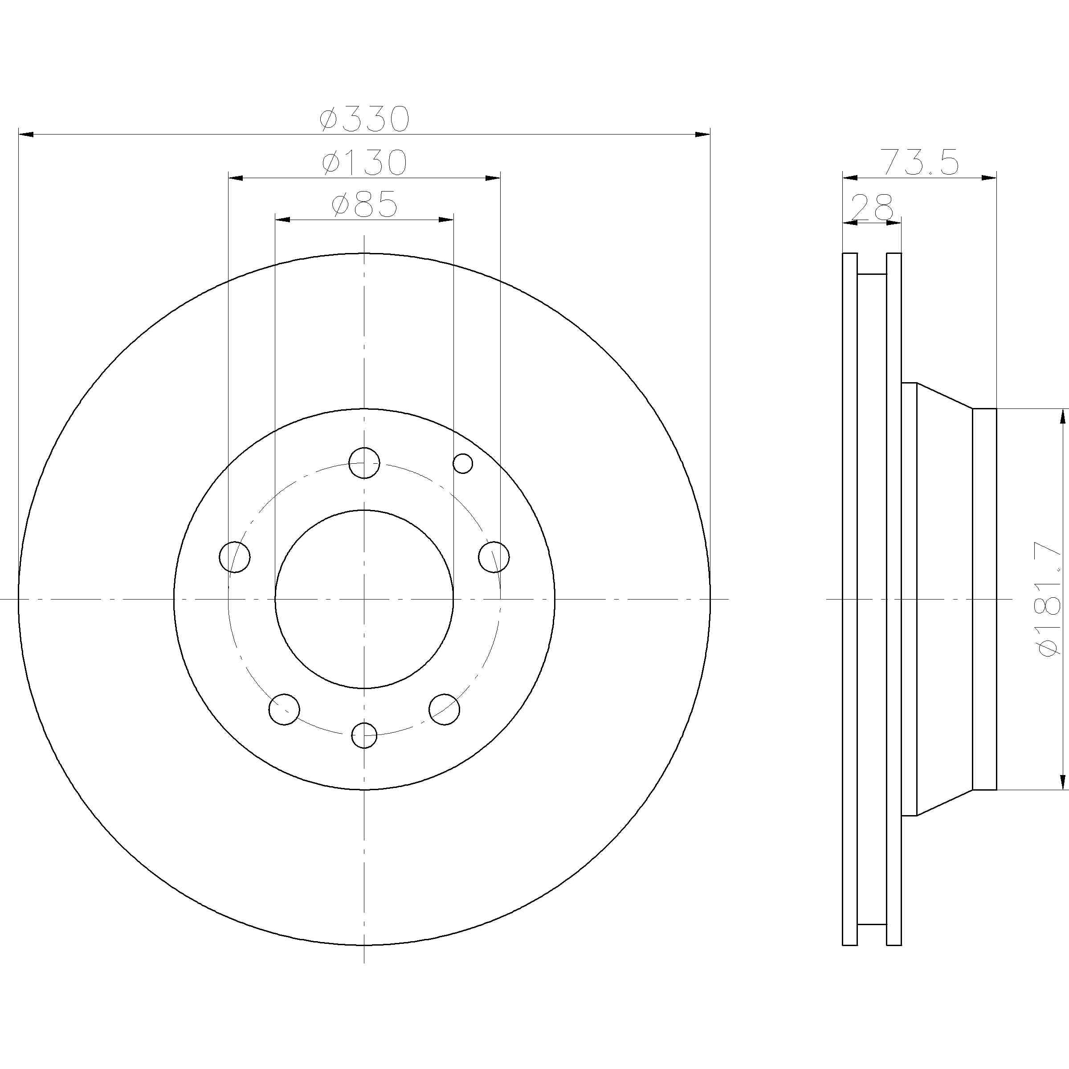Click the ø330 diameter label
(365, 119)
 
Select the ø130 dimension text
(365, 163)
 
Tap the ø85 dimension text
(365, 205)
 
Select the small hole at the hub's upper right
(463, 463)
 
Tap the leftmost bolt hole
(235, 557)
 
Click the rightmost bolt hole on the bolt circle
(494, 557)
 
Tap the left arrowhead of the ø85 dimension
(283, 220)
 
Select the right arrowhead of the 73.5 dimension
(989, 178)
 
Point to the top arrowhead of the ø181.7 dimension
(1062, 418)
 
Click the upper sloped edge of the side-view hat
(944, 396)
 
